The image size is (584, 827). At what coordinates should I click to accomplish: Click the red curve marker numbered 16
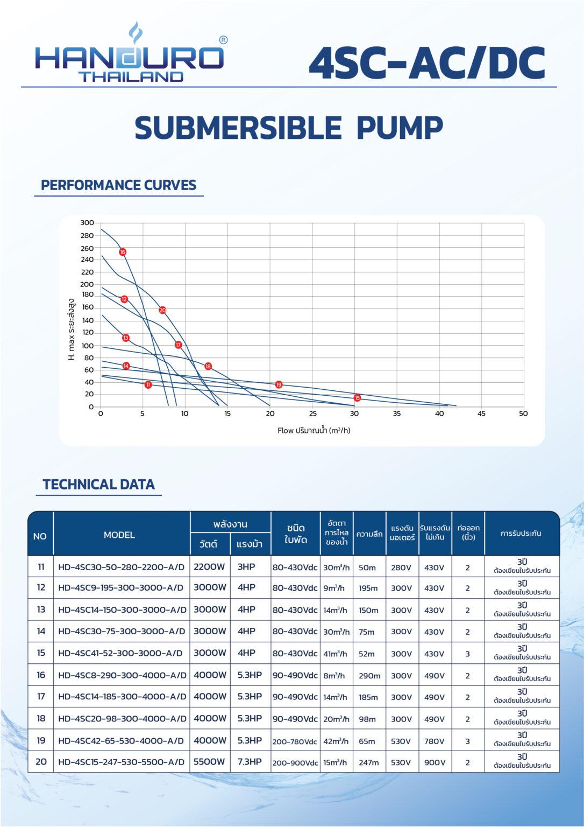click(x=123, y=252)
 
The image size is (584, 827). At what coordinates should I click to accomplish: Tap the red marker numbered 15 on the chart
click(x=357, y=398)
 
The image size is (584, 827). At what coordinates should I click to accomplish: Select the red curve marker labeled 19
click(x=279, y=384)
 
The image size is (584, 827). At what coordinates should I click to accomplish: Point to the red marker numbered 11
click(x=148, y=384)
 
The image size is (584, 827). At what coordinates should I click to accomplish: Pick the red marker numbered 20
click(x=162, y=310)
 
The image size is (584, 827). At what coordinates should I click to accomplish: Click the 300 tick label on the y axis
click(x=87, y=222)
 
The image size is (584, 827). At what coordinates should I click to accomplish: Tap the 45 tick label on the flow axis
click(x=481, y=413)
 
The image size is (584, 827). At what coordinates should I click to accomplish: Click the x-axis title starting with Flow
click(x=314, y=430)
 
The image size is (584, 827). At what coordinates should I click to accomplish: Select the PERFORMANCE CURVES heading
click(x=118, y=185)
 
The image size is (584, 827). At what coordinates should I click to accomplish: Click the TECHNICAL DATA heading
click(x=98, y=484)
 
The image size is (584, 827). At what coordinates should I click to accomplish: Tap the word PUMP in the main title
click(x=400, y=128)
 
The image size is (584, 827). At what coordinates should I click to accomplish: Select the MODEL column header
click(x=119, y=535)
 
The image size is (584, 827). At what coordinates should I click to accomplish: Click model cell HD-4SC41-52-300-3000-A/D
click(x=120, y=653)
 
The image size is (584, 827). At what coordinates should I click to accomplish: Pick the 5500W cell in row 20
click(x=209, y=761)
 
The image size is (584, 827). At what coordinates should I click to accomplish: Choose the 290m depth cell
click(x=369, y=676)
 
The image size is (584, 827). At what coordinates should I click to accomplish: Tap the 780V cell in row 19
click(x=435, y=741)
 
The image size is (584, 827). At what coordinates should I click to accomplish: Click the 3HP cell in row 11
click(x=246, y=567)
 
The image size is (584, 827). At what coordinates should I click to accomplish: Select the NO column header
click(x=40, y=536)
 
